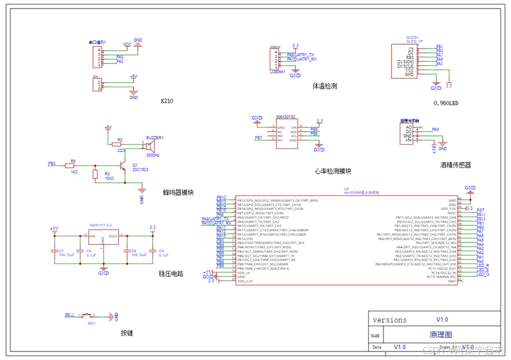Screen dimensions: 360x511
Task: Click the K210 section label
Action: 167,101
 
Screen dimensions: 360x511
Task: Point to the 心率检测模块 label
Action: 332,171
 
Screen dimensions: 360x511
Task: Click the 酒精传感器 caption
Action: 456,165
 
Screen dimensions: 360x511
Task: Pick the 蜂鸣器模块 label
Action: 179,193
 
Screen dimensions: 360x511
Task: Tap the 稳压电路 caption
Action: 171,274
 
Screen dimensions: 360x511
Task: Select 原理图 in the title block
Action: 441,335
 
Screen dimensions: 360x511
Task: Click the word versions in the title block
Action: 390,320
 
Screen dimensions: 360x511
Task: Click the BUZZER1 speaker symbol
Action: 149,146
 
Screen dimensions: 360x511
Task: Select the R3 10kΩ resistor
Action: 95,175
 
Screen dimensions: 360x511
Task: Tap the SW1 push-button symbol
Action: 91,316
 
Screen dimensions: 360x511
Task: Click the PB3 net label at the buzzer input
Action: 52,164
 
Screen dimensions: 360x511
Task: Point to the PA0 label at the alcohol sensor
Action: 435,130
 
